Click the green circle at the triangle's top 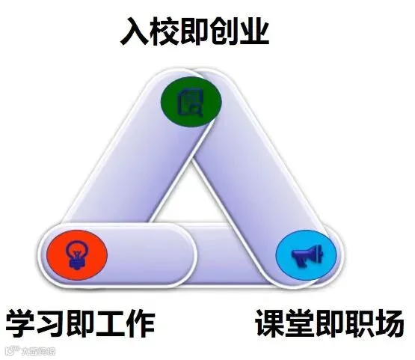191,102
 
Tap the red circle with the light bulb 77,254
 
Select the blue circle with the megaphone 307,254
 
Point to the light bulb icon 77,254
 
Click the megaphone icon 307,255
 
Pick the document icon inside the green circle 191,103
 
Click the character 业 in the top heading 254,31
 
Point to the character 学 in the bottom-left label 21,323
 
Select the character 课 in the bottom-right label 270,323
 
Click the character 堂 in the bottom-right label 300,323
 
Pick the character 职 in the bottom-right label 360,323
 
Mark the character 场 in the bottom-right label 390,323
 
